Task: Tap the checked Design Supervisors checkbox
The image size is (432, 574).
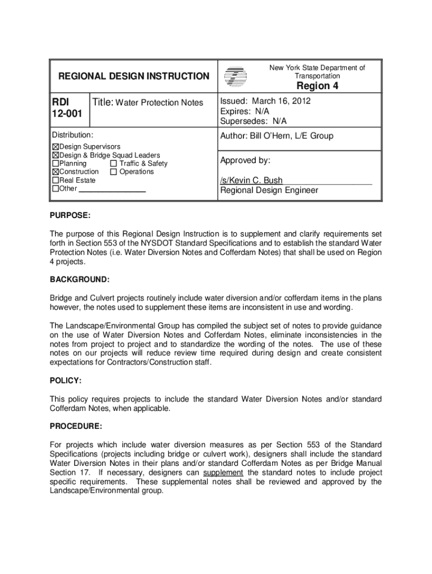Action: [x=56, y=147]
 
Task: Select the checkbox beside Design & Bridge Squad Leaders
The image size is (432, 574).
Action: [x=56, y=155]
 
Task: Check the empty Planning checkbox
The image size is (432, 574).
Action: [x=56, y=164]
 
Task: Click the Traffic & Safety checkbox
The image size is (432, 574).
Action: [x=114, y=164]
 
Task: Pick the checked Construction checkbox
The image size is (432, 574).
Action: [x=56, y=172]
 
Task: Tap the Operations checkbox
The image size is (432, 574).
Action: [x=114, y=172]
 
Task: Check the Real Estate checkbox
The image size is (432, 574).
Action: [x=56, y=180]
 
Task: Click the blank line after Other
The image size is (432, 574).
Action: [x=112, y=189]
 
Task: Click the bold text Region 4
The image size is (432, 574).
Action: [x=318, y=86]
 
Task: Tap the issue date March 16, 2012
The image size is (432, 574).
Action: [x=281, y=101]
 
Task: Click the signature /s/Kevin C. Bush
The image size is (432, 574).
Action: [x=251, y=180]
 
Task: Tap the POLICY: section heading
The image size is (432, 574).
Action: [x=66, y=381]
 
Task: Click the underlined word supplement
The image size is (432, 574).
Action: [x=223, y=473]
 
